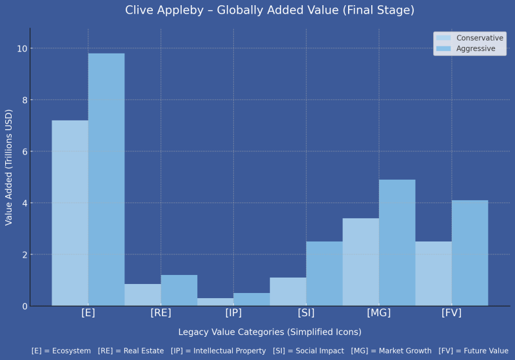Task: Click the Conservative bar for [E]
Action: (x=70, y=213)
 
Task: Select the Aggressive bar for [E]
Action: (x=106, y=180)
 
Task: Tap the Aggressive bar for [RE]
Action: (x=179, y=290)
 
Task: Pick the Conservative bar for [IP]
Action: (x=215, y=302)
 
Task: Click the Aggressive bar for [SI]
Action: (x=324, y=274)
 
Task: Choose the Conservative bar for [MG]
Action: (x=361, y=262)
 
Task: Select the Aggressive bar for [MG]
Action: (x=397, y=243)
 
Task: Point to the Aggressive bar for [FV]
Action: (x=470, y=253)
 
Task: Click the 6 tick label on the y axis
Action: (x=25, y=152)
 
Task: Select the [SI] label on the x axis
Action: (x=306, y=313)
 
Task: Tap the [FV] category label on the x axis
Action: (x=451, y=313)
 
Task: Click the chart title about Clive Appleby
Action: (x=269, y=10)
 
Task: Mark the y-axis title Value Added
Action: (x=9, y=167)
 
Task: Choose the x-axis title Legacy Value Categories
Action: (x=269, y=332)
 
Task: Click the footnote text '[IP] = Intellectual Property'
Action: (x=219, y=351)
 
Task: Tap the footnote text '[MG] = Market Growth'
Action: (x=391, y=351)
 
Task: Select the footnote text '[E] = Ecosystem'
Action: (x=61, y=351)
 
